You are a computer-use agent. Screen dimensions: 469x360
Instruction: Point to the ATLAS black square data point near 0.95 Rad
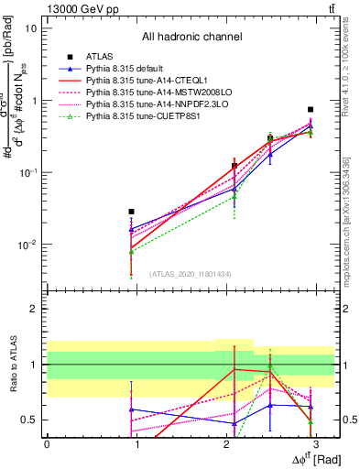(x=132, y=212)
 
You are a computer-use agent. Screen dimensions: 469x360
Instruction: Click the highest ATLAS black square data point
(x=311, y=109)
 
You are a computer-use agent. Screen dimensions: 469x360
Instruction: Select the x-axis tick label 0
(x=47, y=443)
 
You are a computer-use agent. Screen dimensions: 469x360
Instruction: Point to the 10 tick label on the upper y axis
(x=30, y=28)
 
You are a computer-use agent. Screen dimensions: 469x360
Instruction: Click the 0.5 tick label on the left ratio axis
(x=27, y=420)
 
